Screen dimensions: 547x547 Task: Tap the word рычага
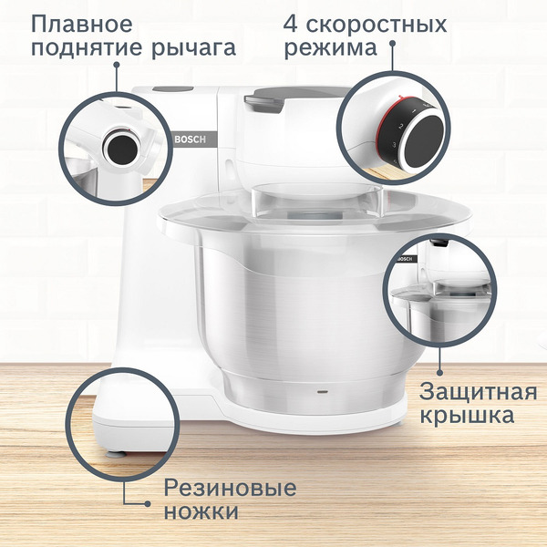click(200, 47)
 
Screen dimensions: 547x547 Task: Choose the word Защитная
click(477, 393)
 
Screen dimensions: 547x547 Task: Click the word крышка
click(466, 418)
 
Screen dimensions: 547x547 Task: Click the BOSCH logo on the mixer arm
click(190, 139)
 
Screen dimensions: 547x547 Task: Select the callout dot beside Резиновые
click(145, 500)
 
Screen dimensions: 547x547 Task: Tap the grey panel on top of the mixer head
click(300, 92)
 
